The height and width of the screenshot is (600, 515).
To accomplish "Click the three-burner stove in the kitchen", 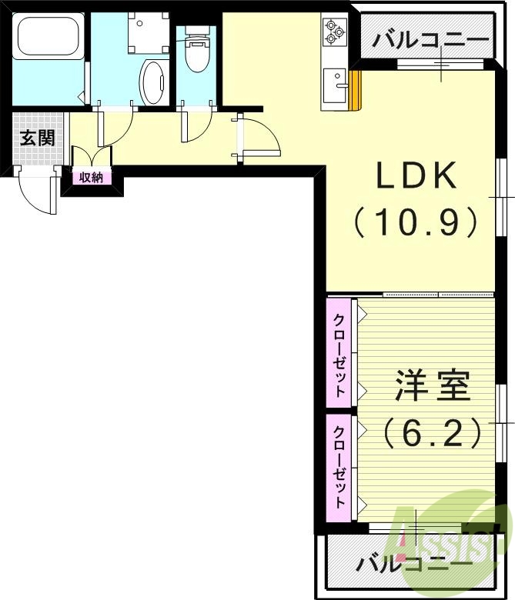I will tap(333, 32).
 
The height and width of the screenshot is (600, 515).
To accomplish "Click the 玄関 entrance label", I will tap(36, 138).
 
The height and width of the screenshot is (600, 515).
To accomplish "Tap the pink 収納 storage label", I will tap(91, 178).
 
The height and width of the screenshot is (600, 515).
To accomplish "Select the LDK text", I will tap(416, 178).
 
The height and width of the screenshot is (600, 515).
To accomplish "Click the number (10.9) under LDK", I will tap(416, 223).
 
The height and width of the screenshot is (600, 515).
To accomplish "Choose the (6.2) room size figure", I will tap(433, 433).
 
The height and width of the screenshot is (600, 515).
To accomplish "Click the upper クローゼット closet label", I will tap(339, 352).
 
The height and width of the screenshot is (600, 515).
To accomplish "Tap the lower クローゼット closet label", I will tap(339, 463).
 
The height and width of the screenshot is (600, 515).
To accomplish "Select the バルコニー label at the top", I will tap(430, 40).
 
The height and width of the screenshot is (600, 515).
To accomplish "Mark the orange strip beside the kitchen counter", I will tap(355, 91).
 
